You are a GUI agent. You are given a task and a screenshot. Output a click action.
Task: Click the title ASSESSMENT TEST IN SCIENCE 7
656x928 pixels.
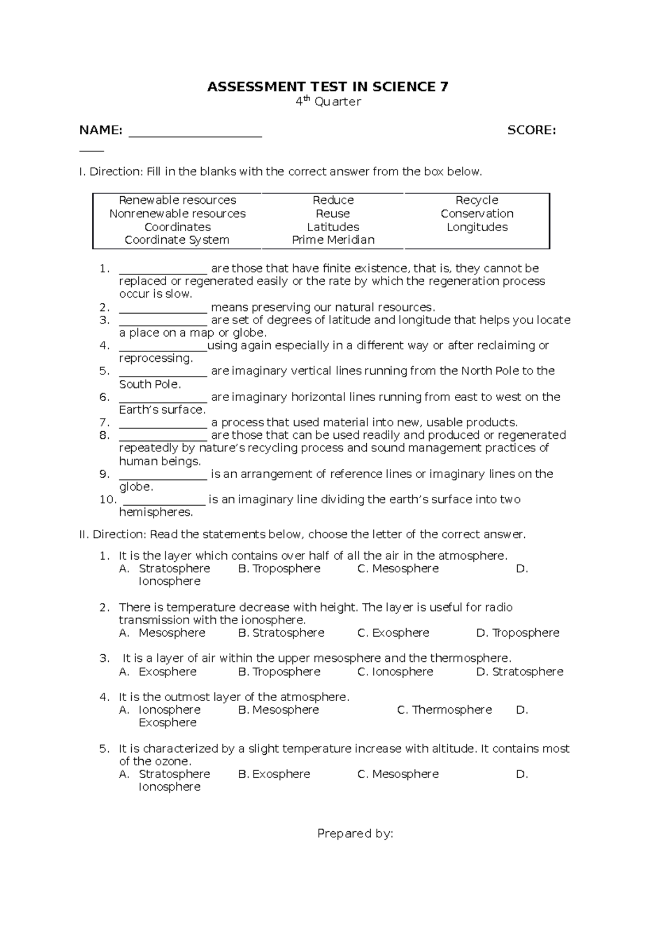coord(327,87)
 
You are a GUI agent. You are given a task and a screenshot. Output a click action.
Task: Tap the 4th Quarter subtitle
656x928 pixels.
coord(328,102)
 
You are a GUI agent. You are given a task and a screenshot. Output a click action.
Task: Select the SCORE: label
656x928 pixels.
coord(531,130)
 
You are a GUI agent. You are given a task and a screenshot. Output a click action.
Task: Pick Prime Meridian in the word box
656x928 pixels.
coord(333,240)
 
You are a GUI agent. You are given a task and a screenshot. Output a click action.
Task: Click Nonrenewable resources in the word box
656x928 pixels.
coord(177,214)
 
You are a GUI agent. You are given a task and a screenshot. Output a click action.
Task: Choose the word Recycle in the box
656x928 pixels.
coord(477,200)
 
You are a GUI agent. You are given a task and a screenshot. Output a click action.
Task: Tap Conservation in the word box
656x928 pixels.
coord(477,214)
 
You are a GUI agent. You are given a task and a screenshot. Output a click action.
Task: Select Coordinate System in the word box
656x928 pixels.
coord(177,240)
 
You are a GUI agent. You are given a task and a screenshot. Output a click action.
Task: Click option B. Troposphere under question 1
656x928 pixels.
coord(279,568)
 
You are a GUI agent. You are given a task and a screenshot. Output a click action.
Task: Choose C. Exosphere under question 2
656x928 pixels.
coord(393,633)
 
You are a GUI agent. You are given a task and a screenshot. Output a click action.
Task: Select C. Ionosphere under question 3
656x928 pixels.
coord(395,672)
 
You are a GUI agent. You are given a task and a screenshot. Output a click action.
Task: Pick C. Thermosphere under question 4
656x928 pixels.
coord(444,710)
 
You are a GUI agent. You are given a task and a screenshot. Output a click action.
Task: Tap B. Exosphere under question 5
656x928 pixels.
coord(274,774)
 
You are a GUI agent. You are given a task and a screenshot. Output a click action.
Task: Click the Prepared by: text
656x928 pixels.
coord(355,833)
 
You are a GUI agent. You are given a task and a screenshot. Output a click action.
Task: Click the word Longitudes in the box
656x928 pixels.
coord(477,227)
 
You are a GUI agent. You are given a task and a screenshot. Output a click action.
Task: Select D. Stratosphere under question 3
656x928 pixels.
coord(519,672)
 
